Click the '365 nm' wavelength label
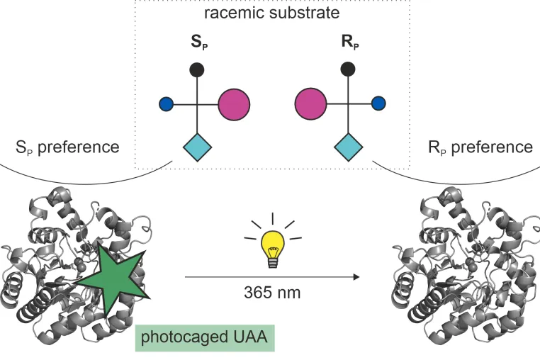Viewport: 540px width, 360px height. [272, 293]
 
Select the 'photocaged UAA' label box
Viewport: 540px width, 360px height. [205, 338]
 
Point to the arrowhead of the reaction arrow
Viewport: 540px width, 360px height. [356, 276]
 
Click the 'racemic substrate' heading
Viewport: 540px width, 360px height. [272, 13]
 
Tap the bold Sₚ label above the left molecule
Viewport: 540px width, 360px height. [199, 42]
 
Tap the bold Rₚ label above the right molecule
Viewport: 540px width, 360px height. [350, 42]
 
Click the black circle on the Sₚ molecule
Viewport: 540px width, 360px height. [197, 70]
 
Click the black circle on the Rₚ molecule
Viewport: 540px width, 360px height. [348, 69]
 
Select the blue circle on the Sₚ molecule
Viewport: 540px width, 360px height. [166, 104]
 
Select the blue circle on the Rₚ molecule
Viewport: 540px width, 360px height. [378, 103]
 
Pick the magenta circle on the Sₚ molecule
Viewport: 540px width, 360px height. [234, 105]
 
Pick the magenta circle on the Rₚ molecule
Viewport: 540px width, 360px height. [310, 104]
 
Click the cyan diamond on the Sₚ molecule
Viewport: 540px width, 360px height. [197, 147]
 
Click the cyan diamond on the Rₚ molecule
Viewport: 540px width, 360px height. [349, 147]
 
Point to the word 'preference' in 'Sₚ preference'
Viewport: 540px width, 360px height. [79, 147]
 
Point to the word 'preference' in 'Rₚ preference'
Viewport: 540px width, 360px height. [492, 147]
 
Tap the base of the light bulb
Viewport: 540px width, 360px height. [273, 264]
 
